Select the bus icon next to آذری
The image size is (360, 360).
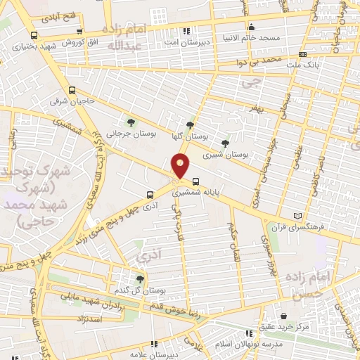click(x=149, y=195)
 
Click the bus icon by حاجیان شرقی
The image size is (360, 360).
click(x=72, y=90)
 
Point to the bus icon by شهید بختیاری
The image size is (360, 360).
click(x=34, y=36)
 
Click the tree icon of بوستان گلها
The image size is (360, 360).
click(x=190, y=125)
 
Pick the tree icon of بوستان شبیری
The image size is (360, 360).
click(x=225, y=143)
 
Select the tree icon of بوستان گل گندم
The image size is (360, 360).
click(x=140, y=279)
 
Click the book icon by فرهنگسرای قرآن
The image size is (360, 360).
click(x=297, y=216)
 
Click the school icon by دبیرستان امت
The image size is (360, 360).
click(x=186, y=31)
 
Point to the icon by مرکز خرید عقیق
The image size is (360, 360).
click(x=283, y=316)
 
